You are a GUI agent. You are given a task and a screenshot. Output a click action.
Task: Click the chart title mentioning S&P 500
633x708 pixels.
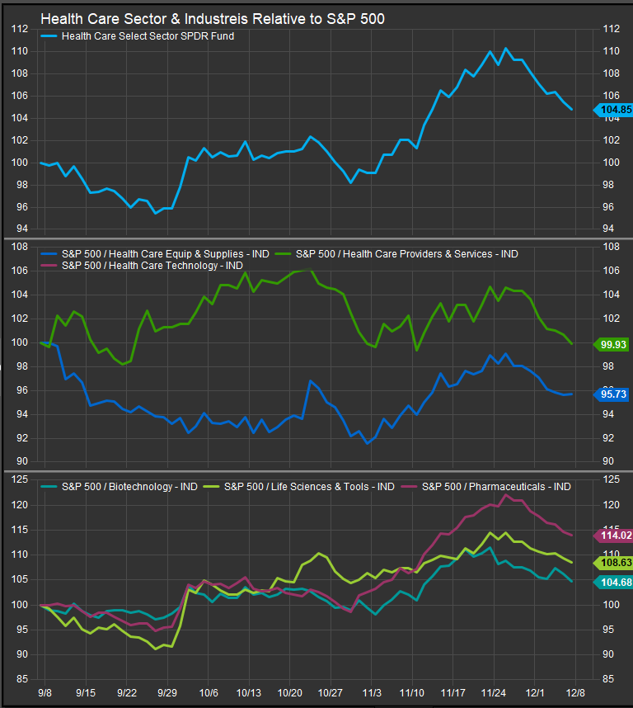pos(213,18)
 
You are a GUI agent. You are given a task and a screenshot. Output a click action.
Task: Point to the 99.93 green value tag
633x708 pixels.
pos(614,343)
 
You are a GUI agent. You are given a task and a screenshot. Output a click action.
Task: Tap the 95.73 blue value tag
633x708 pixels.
pos(614,394)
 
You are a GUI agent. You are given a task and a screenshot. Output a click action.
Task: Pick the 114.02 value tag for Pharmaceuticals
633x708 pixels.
pos(614,536)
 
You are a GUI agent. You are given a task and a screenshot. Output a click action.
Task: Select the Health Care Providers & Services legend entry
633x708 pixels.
pos(406,253)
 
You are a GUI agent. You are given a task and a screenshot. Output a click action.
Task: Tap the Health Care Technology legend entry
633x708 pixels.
pos(152,265)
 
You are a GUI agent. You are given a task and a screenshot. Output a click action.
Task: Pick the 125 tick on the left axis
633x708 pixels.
pos(19,479)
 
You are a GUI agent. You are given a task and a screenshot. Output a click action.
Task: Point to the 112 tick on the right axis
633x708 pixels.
pos(611,29)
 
